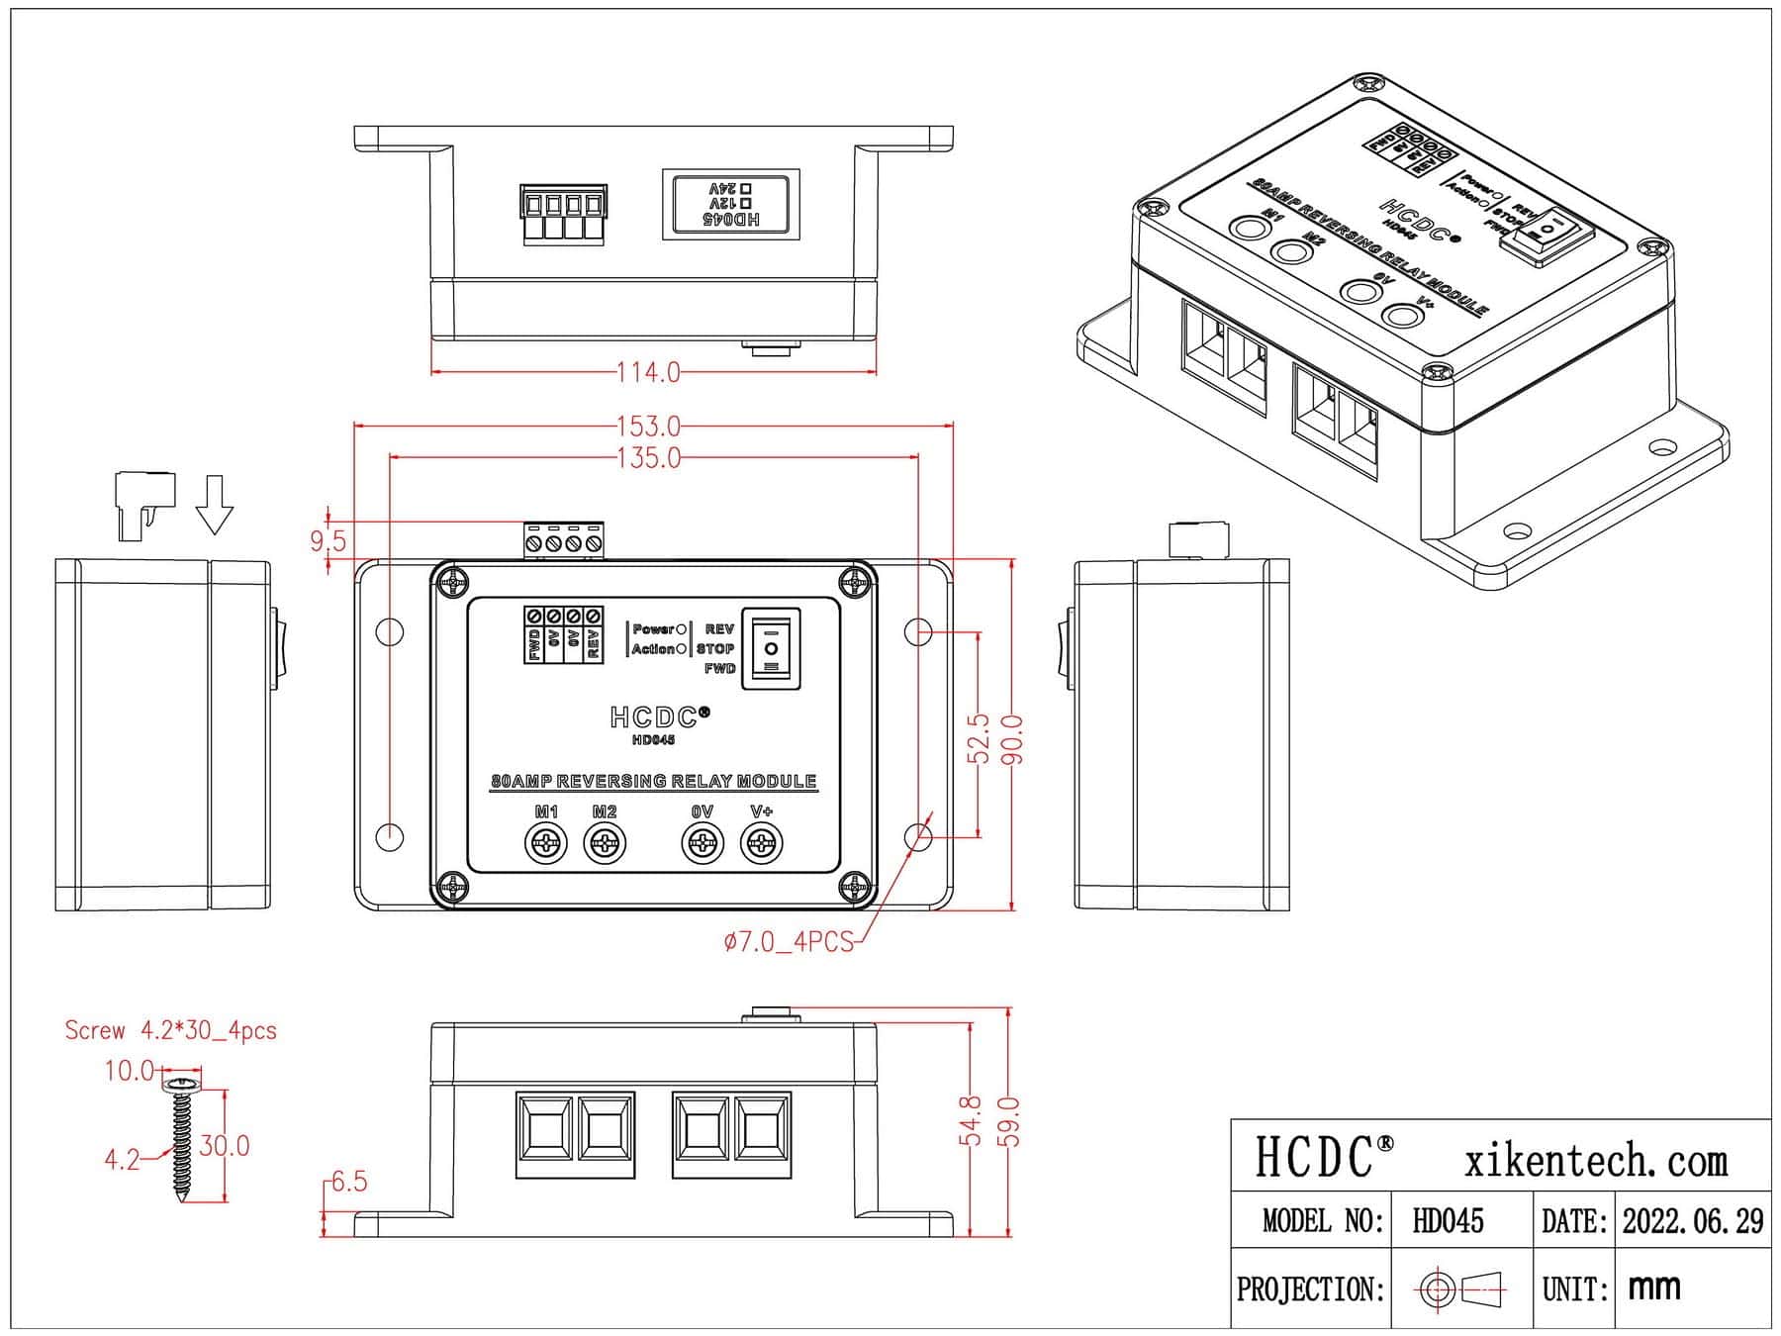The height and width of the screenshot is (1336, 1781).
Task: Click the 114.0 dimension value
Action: (x=648, y=373)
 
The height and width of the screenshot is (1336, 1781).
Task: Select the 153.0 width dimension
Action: (x=648, y=427)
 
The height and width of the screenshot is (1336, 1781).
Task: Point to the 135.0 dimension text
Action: (x=648, y=458)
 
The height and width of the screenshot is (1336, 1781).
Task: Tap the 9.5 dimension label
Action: (x=328, y=540)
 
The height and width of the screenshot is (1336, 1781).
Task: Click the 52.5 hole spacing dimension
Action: (x=980, y=738)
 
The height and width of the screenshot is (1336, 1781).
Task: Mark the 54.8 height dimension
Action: (x=972, y=1120)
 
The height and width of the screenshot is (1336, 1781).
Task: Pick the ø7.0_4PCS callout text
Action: (x=788, y=942)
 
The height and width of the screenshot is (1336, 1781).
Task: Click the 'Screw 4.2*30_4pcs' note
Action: (x=170, y=1030)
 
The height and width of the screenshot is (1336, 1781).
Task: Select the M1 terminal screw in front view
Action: (x=545, y=844)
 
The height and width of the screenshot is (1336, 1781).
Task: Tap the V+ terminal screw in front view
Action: (x=761, y=844)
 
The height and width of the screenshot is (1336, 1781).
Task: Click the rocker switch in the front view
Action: (x=771, y=648)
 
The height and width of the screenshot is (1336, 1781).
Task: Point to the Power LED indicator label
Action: (x=653, y=629)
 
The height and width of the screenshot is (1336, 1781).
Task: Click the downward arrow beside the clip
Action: (x=214, y=505)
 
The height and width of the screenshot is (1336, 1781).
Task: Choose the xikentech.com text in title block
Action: (x=1595, y=1160)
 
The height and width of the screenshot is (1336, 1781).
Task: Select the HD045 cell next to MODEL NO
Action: (x=1448, y=1221)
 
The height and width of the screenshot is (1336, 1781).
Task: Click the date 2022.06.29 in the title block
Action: (x=1692, y=1221)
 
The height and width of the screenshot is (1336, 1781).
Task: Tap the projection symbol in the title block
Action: (x=1461, y=1288)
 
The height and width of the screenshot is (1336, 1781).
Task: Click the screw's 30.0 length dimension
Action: (x=225, y=1146)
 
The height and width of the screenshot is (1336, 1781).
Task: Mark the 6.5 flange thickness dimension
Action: (x=348, y=1182)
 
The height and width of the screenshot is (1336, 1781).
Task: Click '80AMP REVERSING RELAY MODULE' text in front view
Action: (x=653, y=781)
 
